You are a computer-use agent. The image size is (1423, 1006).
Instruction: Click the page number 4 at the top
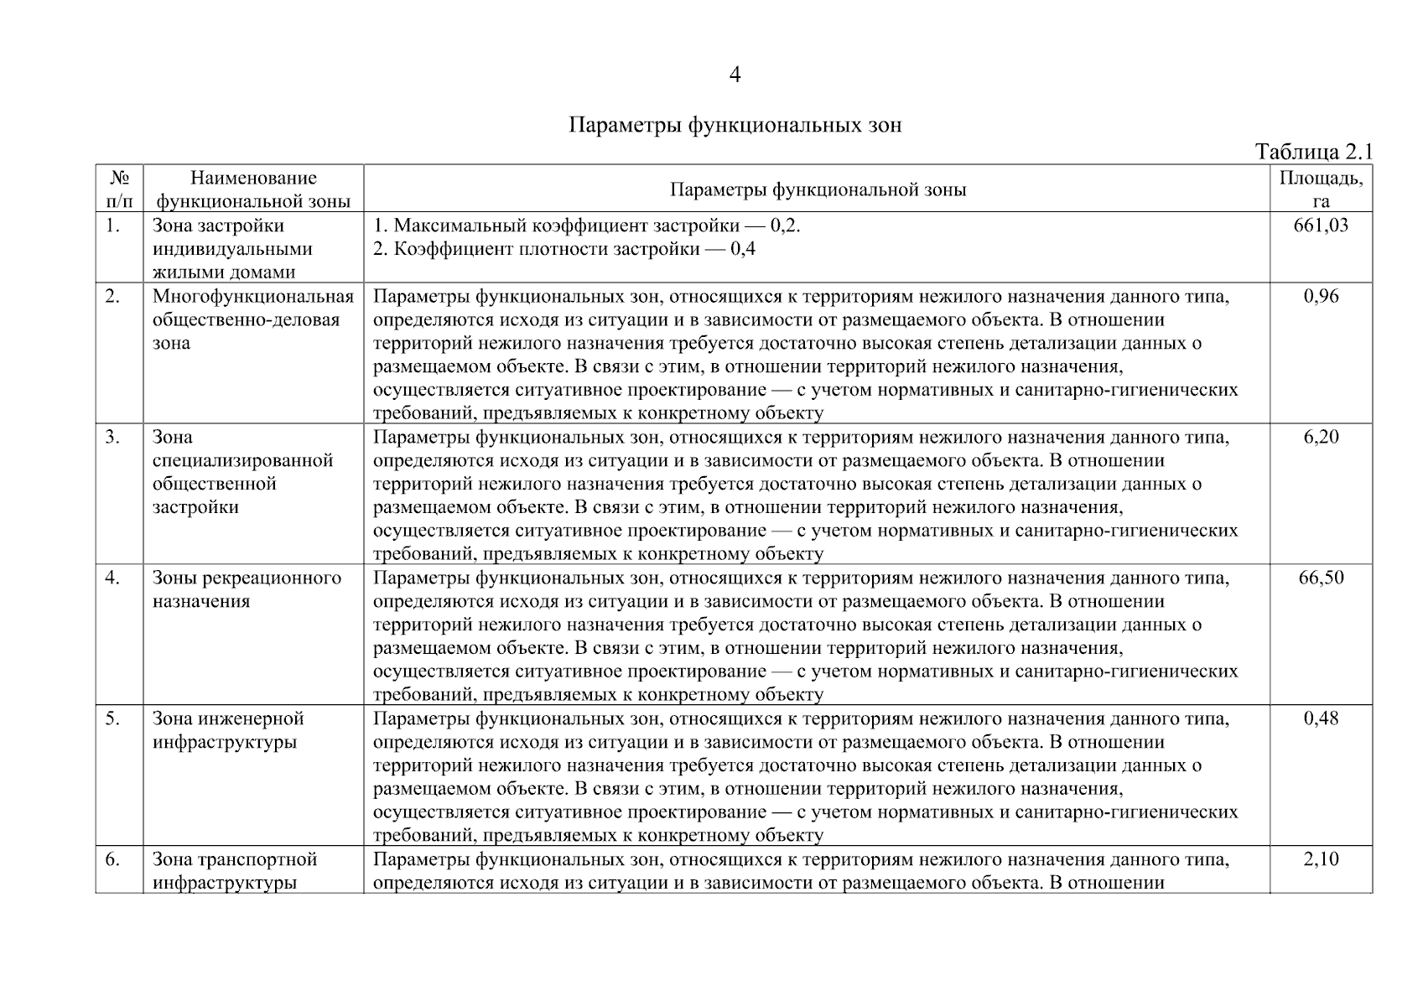pos(735,75)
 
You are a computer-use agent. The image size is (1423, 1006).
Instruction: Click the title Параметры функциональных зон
pos(735,126)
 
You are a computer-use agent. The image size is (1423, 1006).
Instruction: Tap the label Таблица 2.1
pos(1313,152)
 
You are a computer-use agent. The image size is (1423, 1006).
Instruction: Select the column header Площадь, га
pos(1321,189)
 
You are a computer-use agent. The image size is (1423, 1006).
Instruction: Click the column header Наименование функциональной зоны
pos(253,189)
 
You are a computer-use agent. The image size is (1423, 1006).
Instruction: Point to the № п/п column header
pos(119,189)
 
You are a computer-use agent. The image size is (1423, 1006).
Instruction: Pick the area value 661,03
pos(1321,226)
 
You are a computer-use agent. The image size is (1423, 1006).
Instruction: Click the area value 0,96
pos(1321,296)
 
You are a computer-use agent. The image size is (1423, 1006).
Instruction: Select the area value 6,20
pos(1321,437)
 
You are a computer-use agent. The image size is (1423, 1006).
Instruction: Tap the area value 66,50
pos(1321,578)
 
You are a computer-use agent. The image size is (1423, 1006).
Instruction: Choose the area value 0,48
pos(1321,718)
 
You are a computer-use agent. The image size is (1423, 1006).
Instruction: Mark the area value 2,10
pos(1321,859)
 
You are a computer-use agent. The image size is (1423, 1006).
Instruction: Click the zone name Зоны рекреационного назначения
pos(247,589)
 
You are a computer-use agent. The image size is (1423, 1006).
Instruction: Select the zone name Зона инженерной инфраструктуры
pos(228,730)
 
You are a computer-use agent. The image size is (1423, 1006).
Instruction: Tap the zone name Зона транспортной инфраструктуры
pos(235,871)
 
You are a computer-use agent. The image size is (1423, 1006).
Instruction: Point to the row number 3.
pos(112,437)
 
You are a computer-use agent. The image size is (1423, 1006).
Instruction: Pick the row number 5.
pos(112,718)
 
